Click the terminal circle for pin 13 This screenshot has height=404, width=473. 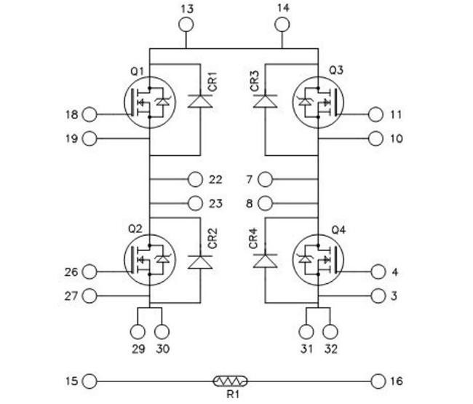(x=186, y=25)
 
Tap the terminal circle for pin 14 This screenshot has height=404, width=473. (x=282, y=25)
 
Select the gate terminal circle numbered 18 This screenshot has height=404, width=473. (x=90, y=115)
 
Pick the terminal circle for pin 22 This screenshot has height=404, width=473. (x=195, y=180)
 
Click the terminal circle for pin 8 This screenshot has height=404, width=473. (x=266, y=204)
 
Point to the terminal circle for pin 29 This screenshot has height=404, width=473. (x=138, y=332)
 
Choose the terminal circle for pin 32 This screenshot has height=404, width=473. (x=330, y=332)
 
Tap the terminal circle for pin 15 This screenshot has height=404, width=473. (x=90, y=381)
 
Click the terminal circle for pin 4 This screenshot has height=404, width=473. (x=378, y=272)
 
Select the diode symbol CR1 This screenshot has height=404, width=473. (x=200, y=101)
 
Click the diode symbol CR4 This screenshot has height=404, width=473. (x=265, y=261)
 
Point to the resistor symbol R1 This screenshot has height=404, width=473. (x=231, y=381)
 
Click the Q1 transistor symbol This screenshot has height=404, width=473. (x=150, y=103)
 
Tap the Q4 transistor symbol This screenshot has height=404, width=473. (x=318, y=260)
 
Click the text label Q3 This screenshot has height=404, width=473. (x=336, y=71)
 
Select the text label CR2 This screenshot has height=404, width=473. (x=212, y=238)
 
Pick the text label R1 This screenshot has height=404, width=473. (x=233, y=394)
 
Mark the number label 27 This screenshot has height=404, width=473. (x=71, y=296)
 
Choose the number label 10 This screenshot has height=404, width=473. (x=397, y=139)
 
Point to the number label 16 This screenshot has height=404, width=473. (x=397, y=381)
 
